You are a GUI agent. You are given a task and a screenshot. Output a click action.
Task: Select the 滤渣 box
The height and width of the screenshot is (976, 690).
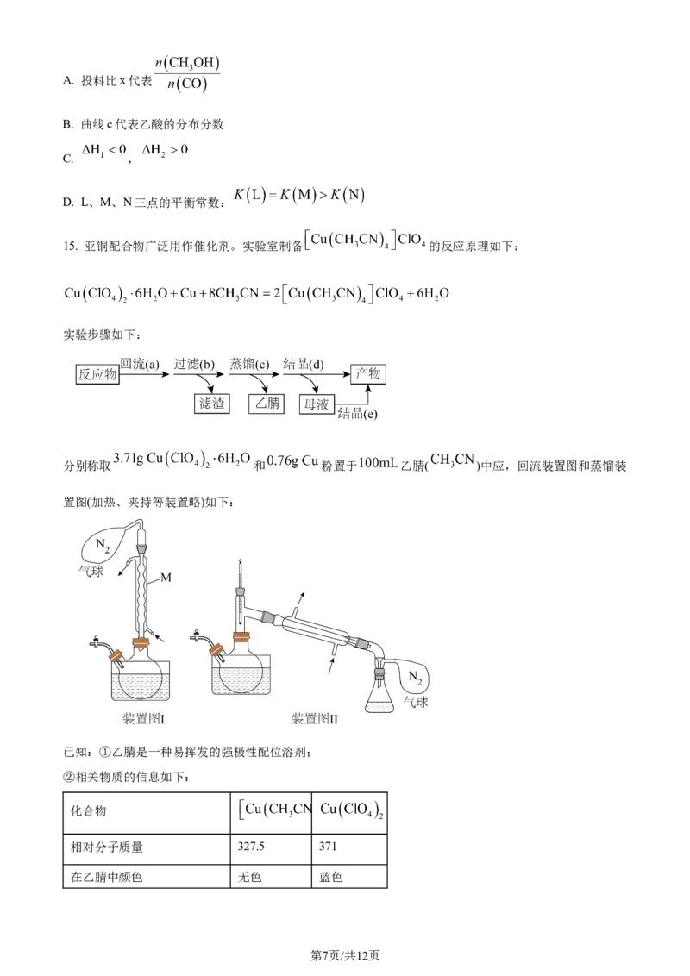[211, 404]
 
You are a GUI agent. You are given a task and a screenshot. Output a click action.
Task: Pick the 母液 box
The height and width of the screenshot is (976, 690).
[316, 404]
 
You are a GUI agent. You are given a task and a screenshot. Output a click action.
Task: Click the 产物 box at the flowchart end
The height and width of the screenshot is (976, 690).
[369, 374]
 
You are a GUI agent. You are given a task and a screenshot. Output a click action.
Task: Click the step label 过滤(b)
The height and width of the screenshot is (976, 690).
[194, 364]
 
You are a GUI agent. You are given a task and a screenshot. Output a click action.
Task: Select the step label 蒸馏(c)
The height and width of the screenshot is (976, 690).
[250, 364]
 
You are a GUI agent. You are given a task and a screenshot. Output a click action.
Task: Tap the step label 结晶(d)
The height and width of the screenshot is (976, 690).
[304, 364]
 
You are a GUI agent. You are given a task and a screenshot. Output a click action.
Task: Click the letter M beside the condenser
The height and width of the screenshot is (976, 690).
[166, 578]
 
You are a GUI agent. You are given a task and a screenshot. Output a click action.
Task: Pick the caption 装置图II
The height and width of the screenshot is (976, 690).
[315, 717]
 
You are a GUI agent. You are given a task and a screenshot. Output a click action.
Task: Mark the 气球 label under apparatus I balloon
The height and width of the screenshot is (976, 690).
[92, 570]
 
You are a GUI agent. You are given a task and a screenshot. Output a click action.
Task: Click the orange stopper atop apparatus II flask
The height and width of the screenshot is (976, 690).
[241, 639]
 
